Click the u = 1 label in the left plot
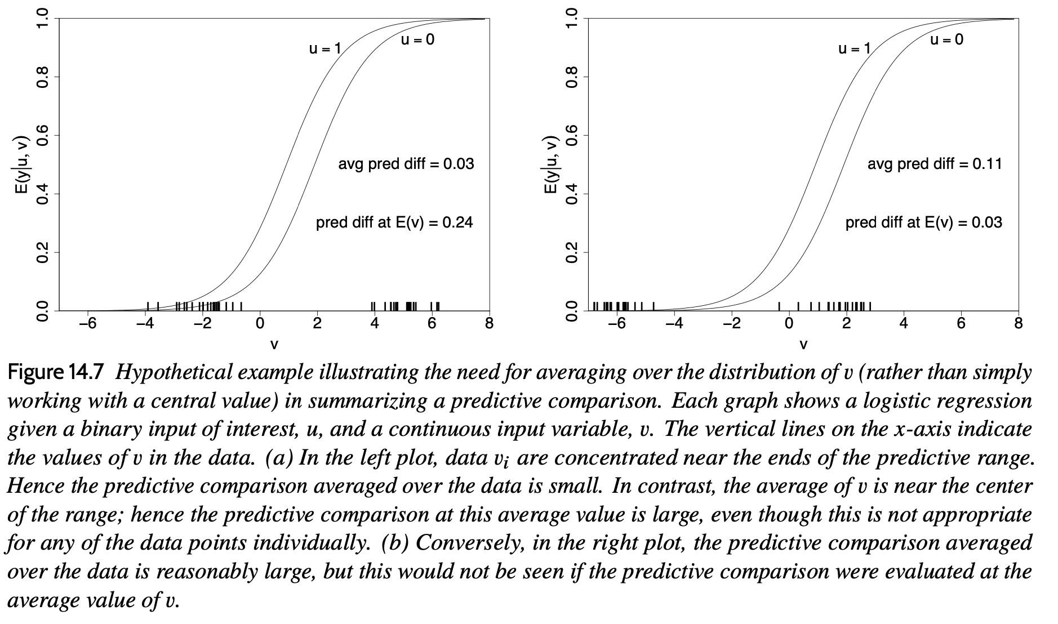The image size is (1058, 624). pos(325,49)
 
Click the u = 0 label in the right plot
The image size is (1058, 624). pos(946,39)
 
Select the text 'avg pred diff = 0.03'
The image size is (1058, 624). pos(406,164)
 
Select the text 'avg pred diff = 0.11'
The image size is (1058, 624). pos(935,164)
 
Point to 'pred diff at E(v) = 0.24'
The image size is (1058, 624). pos(394,223)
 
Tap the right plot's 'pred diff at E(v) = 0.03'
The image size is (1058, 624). pos(923,223)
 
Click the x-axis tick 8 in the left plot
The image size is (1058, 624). pos(489,324)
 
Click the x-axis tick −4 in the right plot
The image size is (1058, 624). pos(674,324)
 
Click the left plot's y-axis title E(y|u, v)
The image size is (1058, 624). pos(21,164)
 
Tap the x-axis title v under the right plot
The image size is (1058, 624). pos(803,344)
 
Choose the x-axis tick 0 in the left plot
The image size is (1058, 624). pos(260,324)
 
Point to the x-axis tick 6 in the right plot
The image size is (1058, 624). pos(961,324)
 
